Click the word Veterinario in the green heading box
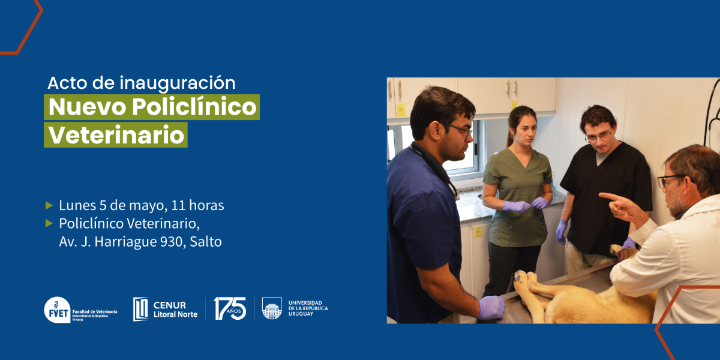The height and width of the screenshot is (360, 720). pyautogui.click(x=116, y=135)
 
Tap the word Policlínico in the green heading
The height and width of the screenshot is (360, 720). pyautogui.click(x=194, y=107)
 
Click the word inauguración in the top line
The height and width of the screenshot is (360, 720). pyautogui.click(x=178, y=83)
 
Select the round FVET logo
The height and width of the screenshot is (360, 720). pyautogui.click(x=57, y=310)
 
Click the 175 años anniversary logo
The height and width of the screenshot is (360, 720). pyautogui.click(x=230, y=308)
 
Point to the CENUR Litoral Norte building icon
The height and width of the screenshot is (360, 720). pyautogui.click(x=140, y=309)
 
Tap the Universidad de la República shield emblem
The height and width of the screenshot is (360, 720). pyautogui.click(x=272, y=308)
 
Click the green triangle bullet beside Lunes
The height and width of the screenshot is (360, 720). pyautogui.click(x=49, y=205)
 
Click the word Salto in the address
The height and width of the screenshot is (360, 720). pyautogui.click(x=206, y=242)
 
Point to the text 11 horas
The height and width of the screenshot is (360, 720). pyautogui.click(x=197, y=205)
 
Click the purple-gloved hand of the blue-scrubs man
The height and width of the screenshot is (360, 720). pyautogui.click(x=491, y=307)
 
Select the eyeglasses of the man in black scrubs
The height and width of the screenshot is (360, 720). pyautogui.click(x=599, y=136)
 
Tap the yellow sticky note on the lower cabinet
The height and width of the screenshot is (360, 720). pyautogui.click(x=479, y=232)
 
